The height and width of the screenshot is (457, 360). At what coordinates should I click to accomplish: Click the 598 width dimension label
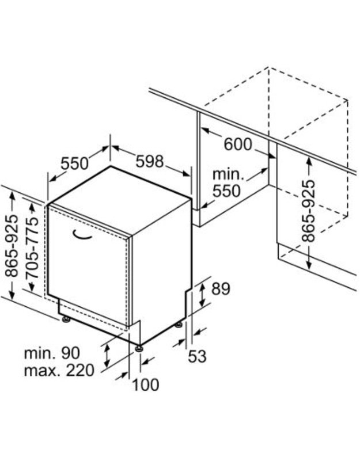pyautogui.click(x=149, y=161)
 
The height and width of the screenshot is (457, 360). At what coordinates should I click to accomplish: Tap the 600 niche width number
pyautogui.click(x=237, y=144)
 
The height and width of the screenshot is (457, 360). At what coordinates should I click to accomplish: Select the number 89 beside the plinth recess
pyautogui.click(x=221, y=289)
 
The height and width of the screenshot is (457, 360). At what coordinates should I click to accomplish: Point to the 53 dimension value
pyautogui.click(x=197, y=356)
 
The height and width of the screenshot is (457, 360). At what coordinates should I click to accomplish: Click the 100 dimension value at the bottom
pyautogui.click(x=146, y=384)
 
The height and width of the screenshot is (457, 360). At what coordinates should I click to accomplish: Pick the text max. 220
pyautogui.click(x=59, y=371)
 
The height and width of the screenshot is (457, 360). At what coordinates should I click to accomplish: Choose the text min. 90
pyautogui.click(x=52, y=353)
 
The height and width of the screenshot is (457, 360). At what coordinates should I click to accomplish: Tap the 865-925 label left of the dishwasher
pyautogui.click(x=12, y=246)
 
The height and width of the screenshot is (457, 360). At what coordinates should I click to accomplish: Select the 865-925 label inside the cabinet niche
pyautogui.click(x=309, y=211)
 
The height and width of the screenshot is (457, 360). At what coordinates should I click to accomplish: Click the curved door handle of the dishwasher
pyautogui.click(x=82, y=235)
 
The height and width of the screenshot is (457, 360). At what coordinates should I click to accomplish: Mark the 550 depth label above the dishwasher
pyautogui.click(x=74, y=163)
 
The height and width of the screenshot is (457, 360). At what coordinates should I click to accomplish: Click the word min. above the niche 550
pyautogui.click(x=228, y=174)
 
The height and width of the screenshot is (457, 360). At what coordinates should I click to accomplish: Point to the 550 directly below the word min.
pyautogui.click(x=226, y=191)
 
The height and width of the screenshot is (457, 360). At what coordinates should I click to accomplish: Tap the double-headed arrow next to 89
pyautogui.click(x=202, y=295)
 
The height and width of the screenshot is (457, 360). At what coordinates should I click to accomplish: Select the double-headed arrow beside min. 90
pyautogui.click(x=107, y=355)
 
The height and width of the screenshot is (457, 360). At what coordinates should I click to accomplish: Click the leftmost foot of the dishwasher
pyautogui.click(x=66, y=319)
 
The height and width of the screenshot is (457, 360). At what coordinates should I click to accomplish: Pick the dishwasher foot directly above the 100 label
pyautogui.click(x=139, y=348)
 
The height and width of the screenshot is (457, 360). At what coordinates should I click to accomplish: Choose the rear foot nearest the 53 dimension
pyautogui.click(x=179, y=324)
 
